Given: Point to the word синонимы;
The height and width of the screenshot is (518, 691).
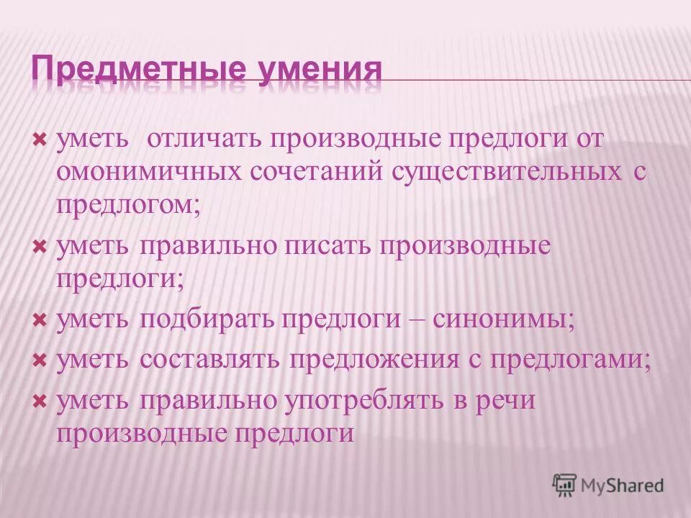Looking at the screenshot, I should pyautogui.click(x=504, y=318).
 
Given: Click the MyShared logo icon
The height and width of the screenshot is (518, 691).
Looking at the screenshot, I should pyautogui.click(x=565, y=484).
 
